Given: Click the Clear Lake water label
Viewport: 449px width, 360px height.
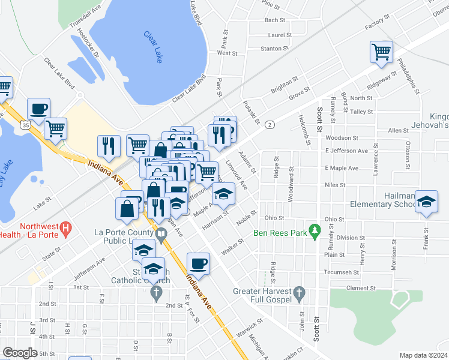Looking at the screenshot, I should pyautogui.click(x=153, y=47).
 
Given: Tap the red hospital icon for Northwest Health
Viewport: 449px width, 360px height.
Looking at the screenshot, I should pyautogui.click(x=67, y=228).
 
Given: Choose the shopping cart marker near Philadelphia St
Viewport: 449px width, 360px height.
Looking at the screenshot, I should pyautogui.click(x=381, y=52).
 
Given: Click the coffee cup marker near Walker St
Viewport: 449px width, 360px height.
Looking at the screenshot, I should pyautogui.click(x=198, y=263).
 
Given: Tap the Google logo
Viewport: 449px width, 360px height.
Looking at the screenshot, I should pyautogui.click(x=20, y=353).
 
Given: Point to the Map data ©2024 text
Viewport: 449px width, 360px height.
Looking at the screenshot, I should pyautogui.click(x=423, y=355).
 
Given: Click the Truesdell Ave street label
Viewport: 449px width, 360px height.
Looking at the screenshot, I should pyautogui.click(x=85, y=21).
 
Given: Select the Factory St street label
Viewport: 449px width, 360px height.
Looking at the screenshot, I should pyautogui.click(x=377, y=25).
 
